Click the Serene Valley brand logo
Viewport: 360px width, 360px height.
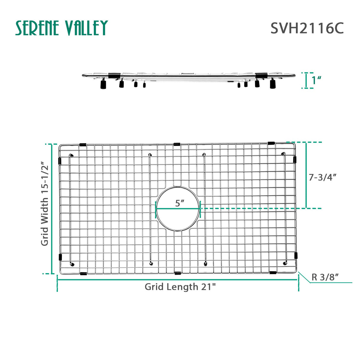tap(61, 28)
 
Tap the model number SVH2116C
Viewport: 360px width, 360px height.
tap(307, 28)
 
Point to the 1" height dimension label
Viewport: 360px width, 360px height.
tap(317, 80)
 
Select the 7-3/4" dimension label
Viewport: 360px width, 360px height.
tap(323, 177)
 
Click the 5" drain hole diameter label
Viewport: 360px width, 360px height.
tap(179, 203)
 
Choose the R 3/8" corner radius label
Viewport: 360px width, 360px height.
tap(325, 277)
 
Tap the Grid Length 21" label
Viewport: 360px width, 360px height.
tap(180, 287)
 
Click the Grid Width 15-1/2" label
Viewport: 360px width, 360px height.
tap(44, 203)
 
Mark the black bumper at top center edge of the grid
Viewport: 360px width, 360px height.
tap(177, 144)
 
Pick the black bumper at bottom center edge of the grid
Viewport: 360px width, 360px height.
tap(178, 273)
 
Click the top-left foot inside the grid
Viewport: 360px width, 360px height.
tap(71, 155)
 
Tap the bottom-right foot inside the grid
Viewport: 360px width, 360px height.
tap(285, 263)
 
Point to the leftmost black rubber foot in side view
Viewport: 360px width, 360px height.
tap(103, 85)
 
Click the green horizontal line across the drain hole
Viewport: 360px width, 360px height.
tap(178, 209)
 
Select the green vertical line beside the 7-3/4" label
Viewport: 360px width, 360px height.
tap(306, 175)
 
